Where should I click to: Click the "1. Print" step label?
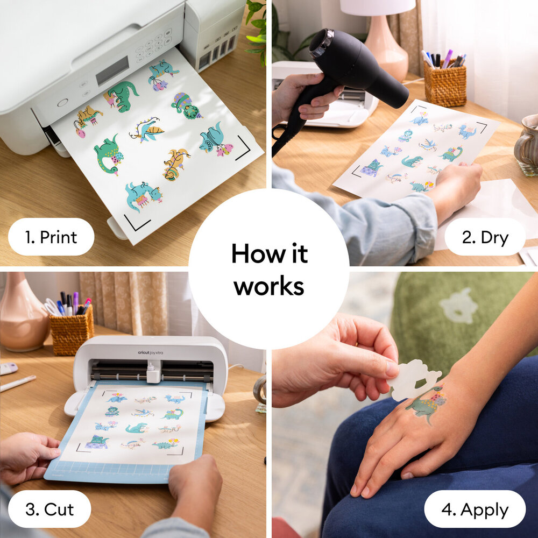coord(51,237)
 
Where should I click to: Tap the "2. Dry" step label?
coord(485,237)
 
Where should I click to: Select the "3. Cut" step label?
coord(49,508)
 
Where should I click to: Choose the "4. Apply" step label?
coord(475,509)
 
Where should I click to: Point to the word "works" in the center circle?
coord(268,286)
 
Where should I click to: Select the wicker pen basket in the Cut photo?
coord(72,330)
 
